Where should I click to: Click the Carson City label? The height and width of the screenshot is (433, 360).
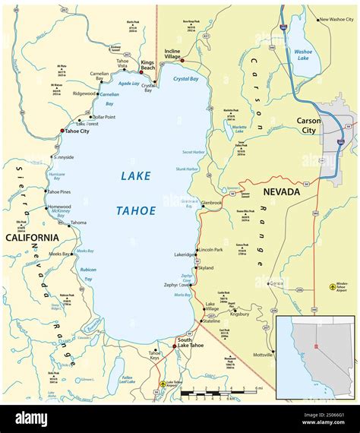pos(308,125)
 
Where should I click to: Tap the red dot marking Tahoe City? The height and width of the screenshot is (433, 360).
pos(63,131)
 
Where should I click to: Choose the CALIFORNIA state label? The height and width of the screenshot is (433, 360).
pos(32,238)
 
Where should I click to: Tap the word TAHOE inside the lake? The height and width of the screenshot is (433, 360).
pos(137,210)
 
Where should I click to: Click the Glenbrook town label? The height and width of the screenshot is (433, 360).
pos(213,203)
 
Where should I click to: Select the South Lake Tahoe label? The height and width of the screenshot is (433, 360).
pos(189,343)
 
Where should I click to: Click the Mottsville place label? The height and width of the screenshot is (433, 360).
pos(263,355)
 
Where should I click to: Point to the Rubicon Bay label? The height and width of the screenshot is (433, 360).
pos(88,273)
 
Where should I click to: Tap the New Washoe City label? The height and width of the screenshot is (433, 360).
pos(334,20)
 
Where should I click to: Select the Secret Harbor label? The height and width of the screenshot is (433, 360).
pos(193,152)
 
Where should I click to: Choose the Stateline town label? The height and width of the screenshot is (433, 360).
pos(210,321)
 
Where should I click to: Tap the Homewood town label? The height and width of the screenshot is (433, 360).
pos(58,207)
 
